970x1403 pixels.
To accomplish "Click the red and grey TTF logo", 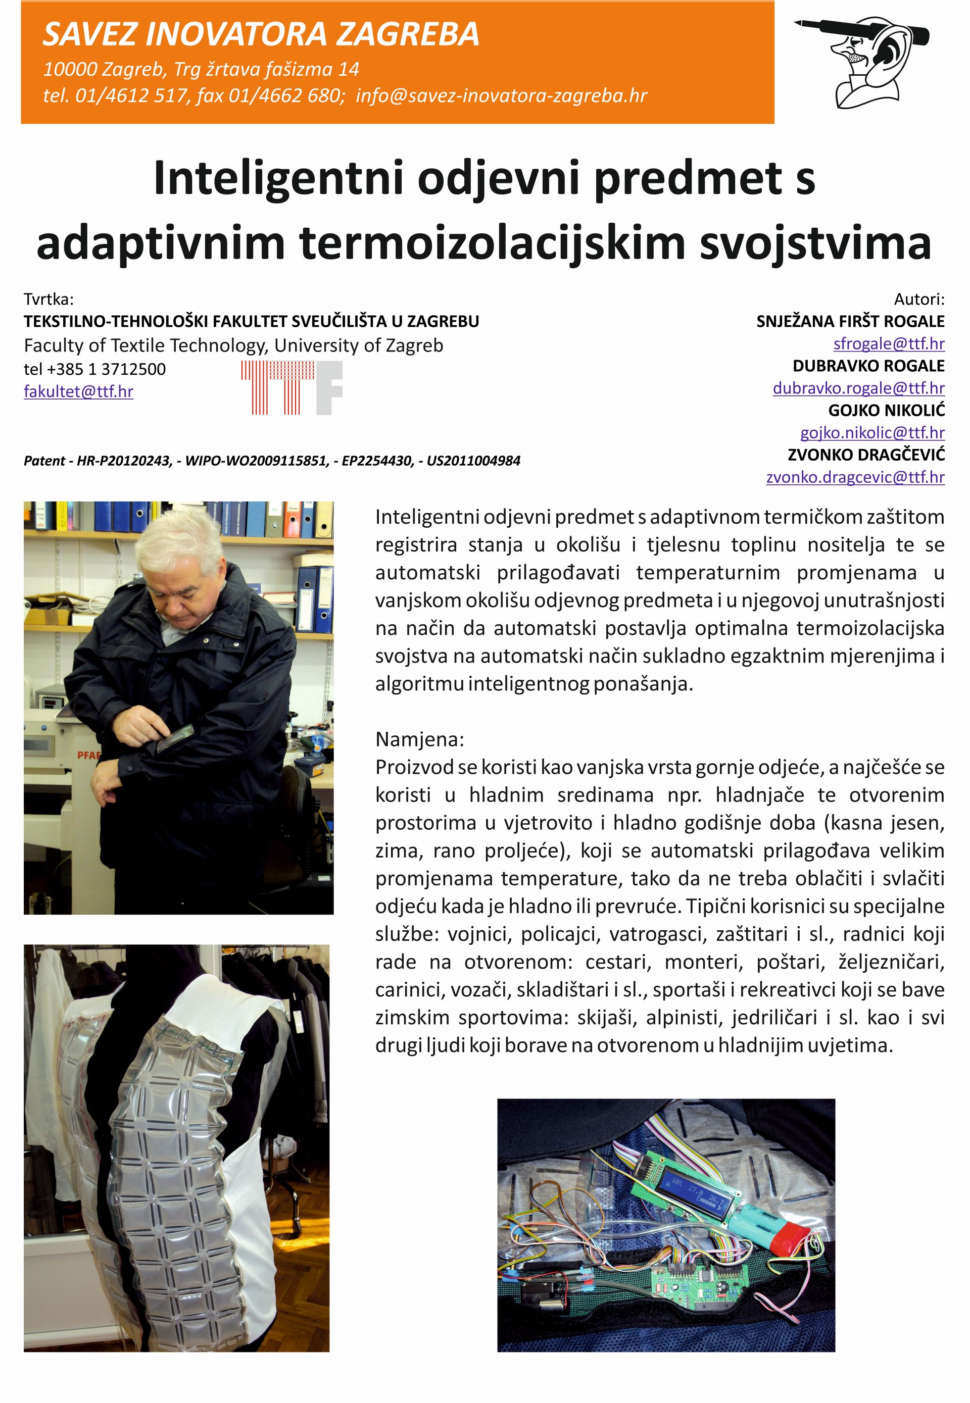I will (292, 388).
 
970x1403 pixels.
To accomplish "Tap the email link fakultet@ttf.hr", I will (78, 391).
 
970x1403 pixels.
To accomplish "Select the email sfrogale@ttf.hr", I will (889, 343).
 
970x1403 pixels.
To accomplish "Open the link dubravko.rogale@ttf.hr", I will (858, 388).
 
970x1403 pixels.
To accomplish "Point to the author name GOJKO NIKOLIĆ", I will (886, 410).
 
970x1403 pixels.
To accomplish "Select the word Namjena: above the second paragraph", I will (419, 739).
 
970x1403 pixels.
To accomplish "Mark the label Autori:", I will (919, 299).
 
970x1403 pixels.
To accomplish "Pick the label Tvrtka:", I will (48, 299).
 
